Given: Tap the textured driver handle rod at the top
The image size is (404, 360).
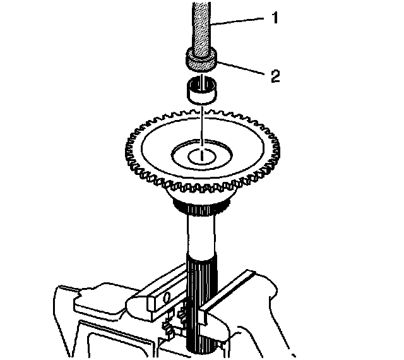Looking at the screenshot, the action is [x=201, y=25].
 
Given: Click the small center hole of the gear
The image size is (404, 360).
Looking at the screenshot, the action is [x=201, y=155].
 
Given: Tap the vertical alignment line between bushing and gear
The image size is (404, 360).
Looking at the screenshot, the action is [x=201, y=123].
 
